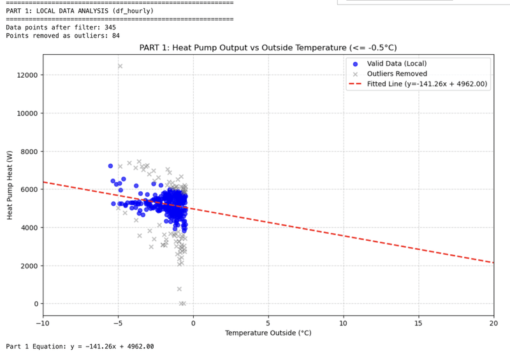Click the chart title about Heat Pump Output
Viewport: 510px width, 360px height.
pos(268,48)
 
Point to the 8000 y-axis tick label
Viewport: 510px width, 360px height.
pos(28,152)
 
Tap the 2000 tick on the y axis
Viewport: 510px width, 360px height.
pos(28,266)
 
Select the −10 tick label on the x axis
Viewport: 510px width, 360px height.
pos(43,323)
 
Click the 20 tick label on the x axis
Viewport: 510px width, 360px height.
pos(493,323)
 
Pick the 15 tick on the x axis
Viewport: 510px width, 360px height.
pos(418,323)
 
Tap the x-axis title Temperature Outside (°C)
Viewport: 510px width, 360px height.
pos(268,333)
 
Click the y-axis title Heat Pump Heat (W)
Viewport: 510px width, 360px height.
pos(10,190)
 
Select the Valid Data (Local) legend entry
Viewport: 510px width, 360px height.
pos(397,64)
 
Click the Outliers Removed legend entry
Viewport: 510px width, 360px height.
pos(397,74)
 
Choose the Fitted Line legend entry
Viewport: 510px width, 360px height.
pos(426,84)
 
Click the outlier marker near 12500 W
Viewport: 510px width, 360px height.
pos(120,66)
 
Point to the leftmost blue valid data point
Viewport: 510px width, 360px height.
pos(110,166)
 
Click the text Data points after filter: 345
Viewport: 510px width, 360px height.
pos(61,27)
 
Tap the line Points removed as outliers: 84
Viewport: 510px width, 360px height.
pos(62,36)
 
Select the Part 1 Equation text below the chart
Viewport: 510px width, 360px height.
pos(80,347)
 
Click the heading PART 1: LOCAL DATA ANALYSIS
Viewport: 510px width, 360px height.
pos(80,11)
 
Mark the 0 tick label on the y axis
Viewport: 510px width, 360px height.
pos(36,304)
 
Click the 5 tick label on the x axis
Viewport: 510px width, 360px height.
pos(268,323)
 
